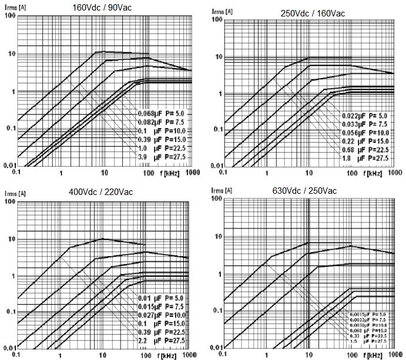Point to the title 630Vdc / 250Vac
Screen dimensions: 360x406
[x=306, y=191]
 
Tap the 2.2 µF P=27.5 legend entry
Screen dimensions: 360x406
[x=153, y=341]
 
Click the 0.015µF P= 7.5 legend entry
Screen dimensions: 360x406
[x=153, y=307]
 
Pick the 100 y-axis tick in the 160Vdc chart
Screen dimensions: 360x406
[x=8, y=16]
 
